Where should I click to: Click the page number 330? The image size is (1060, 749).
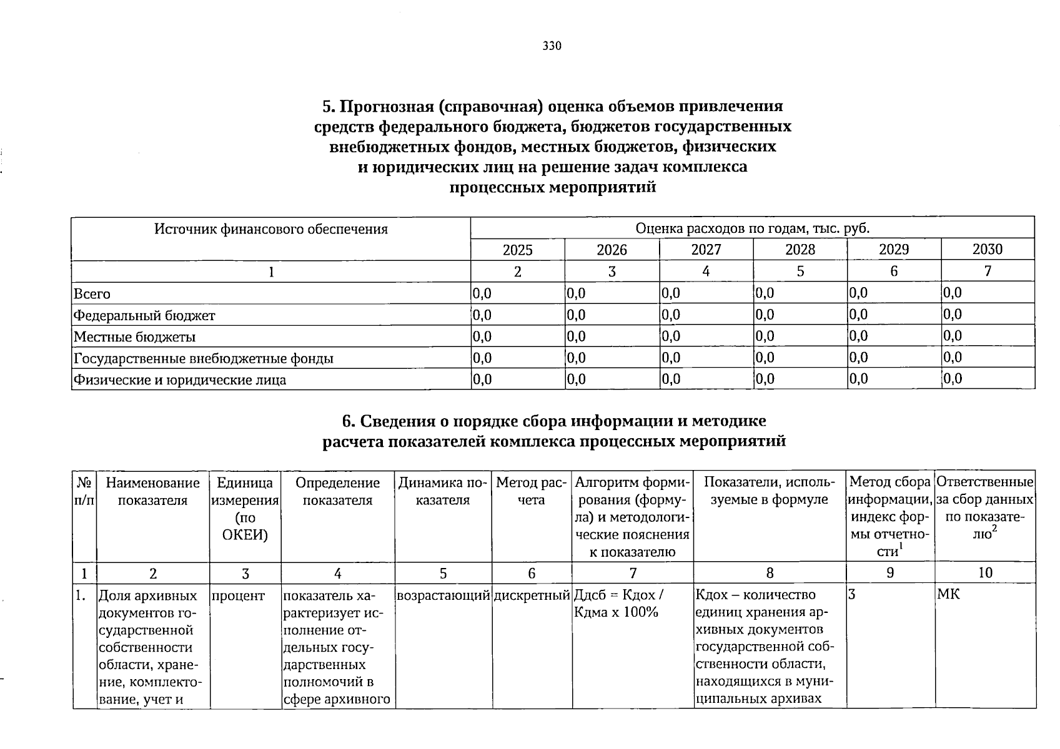pos(552,46)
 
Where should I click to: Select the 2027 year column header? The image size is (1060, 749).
pos(706,250)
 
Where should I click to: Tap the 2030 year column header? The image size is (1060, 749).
pos(987,250)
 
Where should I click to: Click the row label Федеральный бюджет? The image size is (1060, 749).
pos(144,315)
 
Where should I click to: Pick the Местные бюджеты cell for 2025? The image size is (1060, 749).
pos(483,336)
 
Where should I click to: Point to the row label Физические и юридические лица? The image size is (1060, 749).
pos(180,379)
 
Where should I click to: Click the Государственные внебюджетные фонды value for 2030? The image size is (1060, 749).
pos(953,358)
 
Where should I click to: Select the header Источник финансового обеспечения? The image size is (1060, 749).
pos(271,229)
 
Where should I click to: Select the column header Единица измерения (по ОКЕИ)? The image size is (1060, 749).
pos(245,509)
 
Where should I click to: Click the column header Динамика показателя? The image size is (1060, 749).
pos(443,491)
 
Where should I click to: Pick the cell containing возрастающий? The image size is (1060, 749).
pos(443,595)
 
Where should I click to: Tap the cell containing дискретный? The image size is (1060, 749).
pos(532,595)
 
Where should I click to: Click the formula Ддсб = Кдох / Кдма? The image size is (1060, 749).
pos(618,604)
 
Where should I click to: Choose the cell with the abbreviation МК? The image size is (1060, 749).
pos(948,595)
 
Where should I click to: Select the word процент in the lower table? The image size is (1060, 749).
pos(238,595)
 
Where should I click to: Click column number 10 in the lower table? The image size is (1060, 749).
pos(984,573)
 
